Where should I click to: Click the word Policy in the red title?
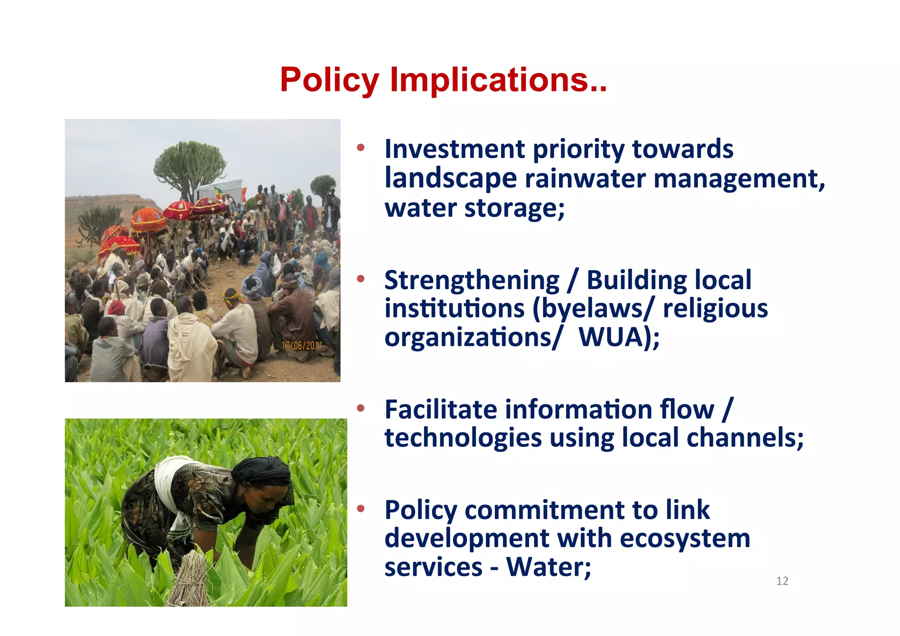pos(329,80)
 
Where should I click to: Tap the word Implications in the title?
pos(498,80)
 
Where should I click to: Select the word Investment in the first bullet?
pos(454,149)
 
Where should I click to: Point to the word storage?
pos(514,208)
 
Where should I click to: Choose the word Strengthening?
pos(472,280)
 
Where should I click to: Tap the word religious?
pos(715,309)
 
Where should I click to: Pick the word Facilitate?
pos(441,410)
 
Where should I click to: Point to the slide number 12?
pos(782,581)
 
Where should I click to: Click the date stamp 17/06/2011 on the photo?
pos(302,346)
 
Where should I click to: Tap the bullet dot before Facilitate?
pos(361,409)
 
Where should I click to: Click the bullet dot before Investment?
pos(361,148)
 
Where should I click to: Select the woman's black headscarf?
pos(263,472)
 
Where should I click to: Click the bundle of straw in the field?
pos(190,578)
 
